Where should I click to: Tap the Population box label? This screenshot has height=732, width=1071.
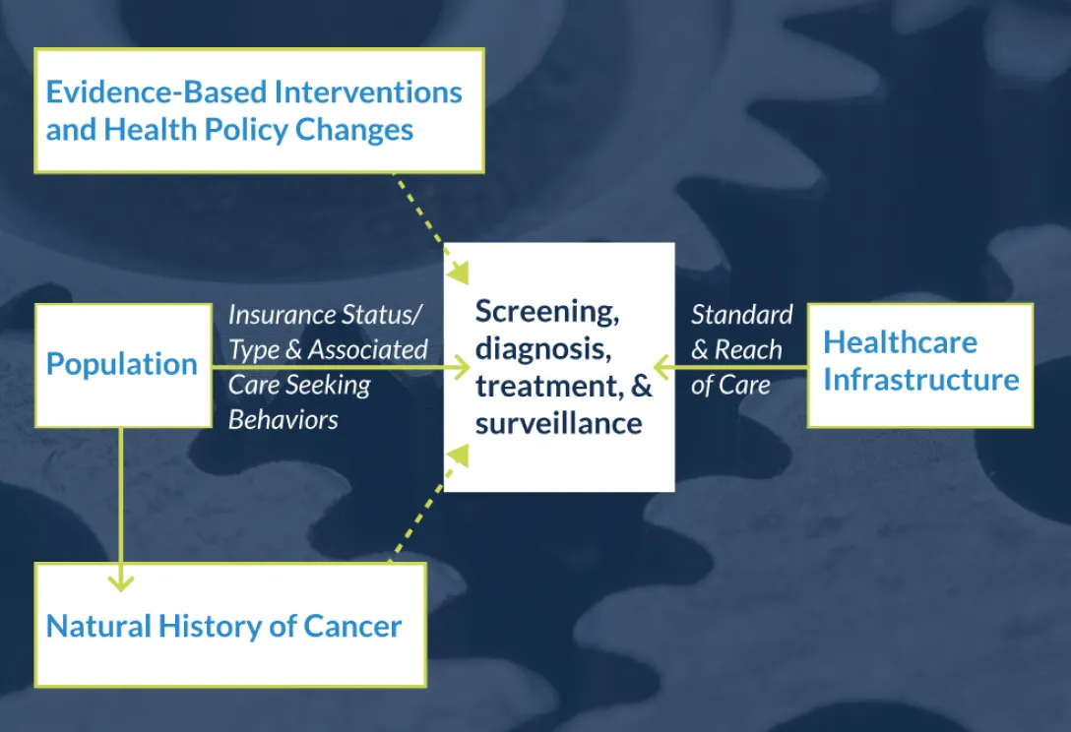[x=122, y=364]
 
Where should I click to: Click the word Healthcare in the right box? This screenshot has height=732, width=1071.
[x=900, y=342]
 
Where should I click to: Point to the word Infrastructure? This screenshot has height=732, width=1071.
[x=920, y=380]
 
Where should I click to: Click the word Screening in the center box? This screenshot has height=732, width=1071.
[x=546, y=312]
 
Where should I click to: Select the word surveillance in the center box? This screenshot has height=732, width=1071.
[x=558, y=423]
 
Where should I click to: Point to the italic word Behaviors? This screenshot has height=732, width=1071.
[x=283, y=419]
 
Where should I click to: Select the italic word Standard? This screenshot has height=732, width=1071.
[x=741, y=315]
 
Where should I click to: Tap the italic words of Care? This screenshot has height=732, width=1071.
[x=730, y=385]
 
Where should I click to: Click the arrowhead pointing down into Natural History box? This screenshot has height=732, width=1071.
[x=120, y=580]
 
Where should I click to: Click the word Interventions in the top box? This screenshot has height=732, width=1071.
[x=368, y=92]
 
